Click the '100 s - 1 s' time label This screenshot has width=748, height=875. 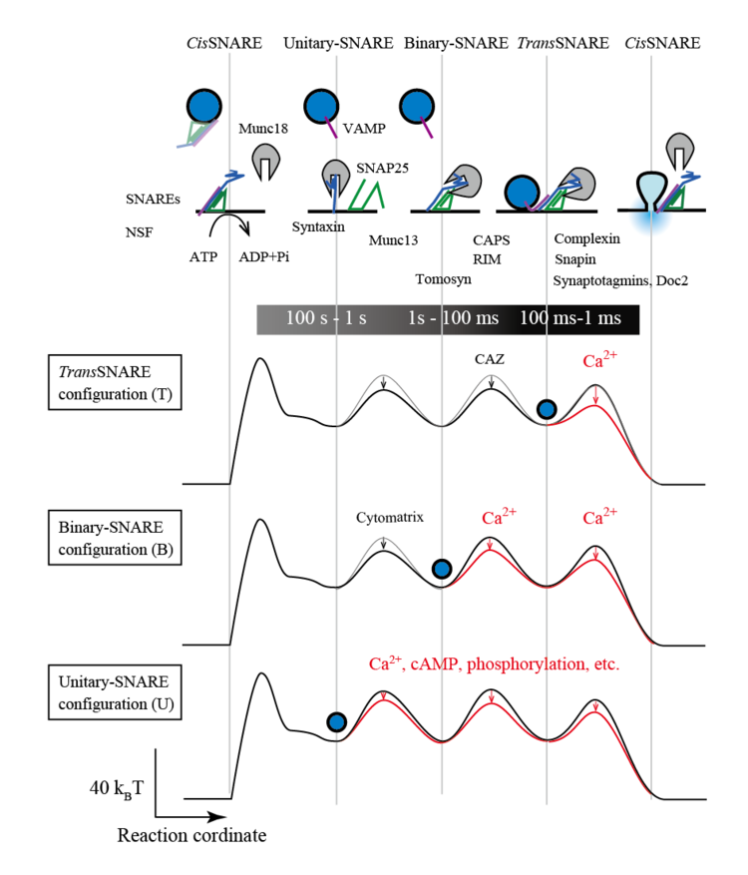coord(326,318)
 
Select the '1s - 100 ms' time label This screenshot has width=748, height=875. coord(453,318)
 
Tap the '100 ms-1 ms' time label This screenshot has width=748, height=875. coord(569,318)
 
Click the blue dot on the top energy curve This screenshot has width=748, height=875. coord(547,409)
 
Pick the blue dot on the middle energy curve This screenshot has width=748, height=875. coord(442,569)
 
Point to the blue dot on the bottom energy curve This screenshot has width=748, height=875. coord(337,721)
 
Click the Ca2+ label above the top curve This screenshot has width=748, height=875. coord(600,361)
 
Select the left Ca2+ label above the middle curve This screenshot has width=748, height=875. coord(500,518)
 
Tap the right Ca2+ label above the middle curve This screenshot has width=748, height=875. coord(600,518)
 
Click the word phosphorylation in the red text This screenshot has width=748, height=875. coord(524,663)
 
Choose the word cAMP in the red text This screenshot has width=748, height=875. coord(433,663)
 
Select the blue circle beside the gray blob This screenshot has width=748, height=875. coord(522,192)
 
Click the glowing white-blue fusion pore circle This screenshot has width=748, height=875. coord(650,214)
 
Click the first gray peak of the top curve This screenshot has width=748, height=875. coord(380,375)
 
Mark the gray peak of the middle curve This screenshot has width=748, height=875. coord(381,538)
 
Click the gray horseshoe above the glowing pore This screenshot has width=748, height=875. coord(679,150)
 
